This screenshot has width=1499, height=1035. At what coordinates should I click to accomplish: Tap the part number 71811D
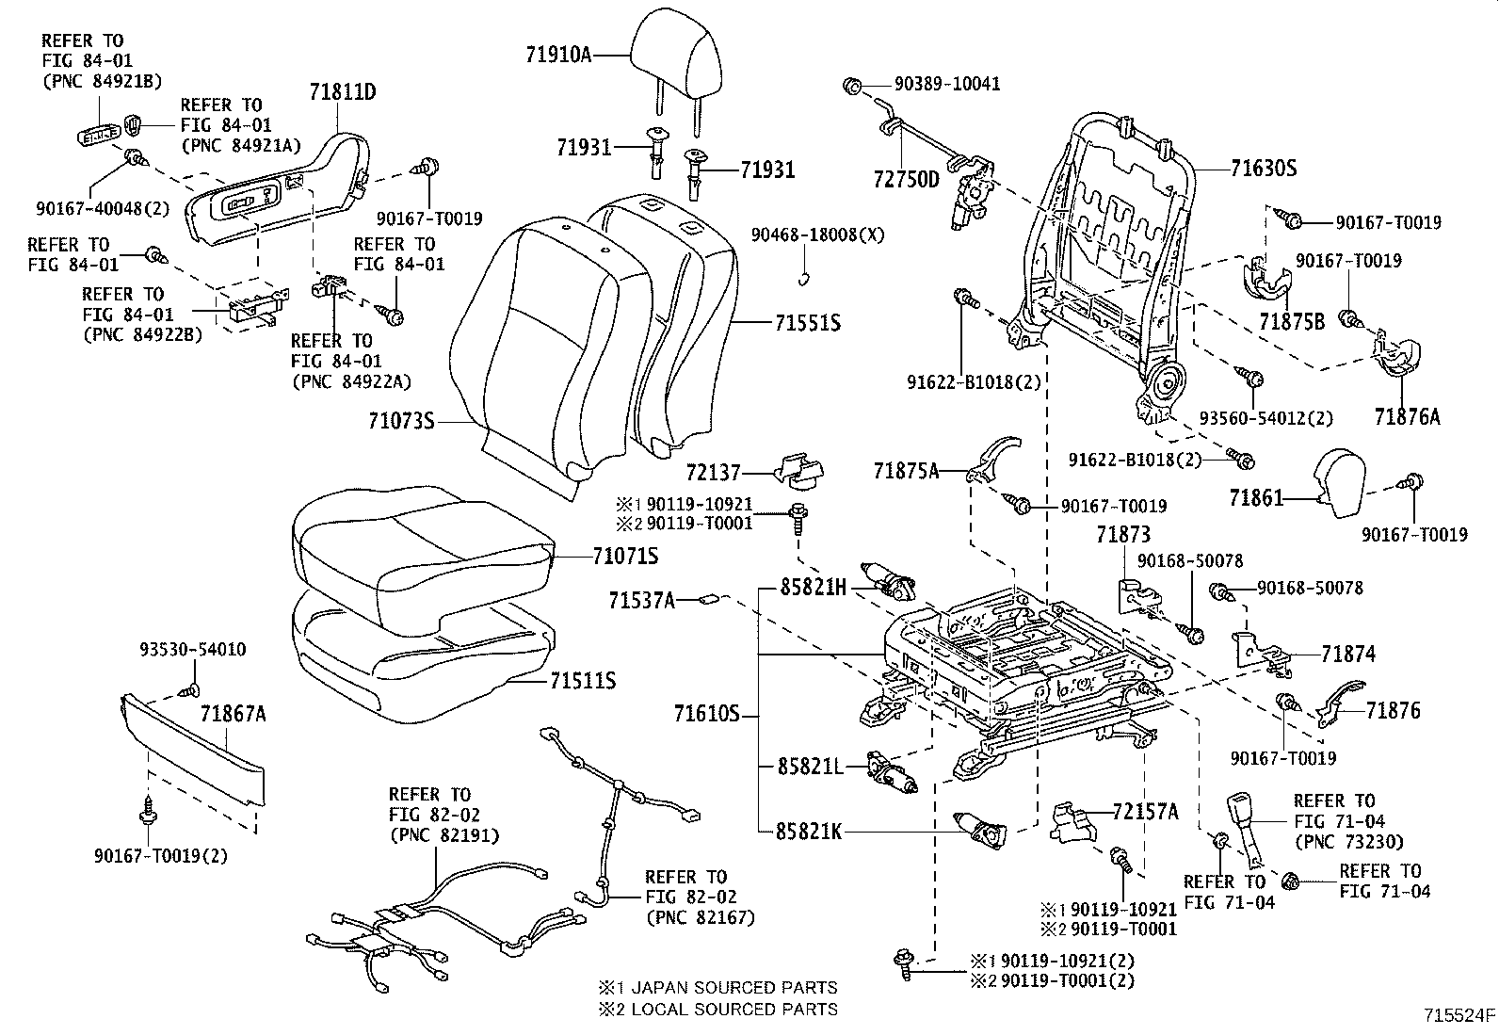click(x=344, y=91)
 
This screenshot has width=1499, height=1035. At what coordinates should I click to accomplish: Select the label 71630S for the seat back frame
click(x=1263, y=170)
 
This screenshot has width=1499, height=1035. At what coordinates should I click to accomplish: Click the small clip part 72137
click(x=797, y=471)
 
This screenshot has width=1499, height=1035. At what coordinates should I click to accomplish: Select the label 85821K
click(x=811, y=832)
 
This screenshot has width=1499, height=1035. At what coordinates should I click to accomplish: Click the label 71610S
click(x=705, y=715)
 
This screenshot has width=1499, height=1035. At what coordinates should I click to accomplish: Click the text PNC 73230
click(x=1348, y=841)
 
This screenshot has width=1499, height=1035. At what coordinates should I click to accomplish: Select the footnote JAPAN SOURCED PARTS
click(x=717, y=988)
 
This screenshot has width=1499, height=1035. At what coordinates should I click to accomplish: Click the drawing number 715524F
click(x=1459, y=1015)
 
